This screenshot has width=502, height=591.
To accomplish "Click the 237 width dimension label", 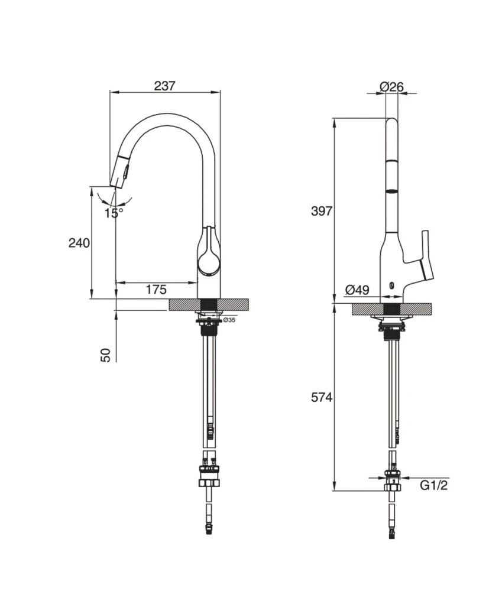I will coord(164,86).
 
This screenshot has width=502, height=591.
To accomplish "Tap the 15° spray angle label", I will coord(114,213).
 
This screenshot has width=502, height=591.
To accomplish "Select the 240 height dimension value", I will coord(79,243).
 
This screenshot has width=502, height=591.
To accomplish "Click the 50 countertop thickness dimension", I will coord(106,354).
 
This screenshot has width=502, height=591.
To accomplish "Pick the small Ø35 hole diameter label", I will coord(229,320).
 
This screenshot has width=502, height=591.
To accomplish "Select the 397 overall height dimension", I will coord(322,211).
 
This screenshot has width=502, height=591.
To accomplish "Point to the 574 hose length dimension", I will coord(322,398).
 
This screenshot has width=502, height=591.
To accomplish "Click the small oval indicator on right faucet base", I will coord(391,286).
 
